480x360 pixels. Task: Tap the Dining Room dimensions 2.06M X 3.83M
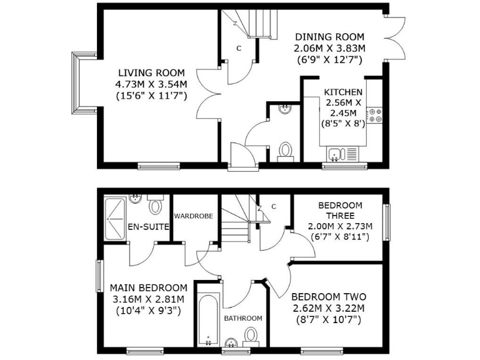(330, 48)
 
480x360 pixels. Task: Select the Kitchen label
(342, 92)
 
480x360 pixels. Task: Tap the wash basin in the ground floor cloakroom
(284, 108)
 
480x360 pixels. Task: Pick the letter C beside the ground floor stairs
(239, 48)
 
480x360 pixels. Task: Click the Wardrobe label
(194, 216)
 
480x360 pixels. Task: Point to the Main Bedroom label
(148, 287)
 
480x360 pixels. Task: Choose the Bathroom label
(243, 318)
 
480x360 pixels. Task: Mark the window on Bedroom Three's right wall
(387, 222)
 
